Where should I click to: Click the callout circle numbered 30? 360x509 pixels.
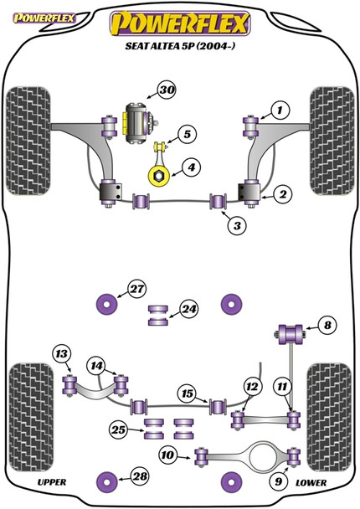pyautogui.click(x=167, y=91)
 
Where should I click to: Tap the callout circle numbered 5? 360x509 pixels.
pyautogui.click(x=188, y=133)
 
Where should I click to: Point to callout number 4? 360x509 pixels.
pyautogui.click(x=192, y=168)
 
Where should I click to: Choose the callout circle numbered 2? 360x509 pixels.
pyautogui.click(x=282, y=195)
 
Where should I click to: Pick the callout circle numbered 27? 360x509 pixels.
pyautogui.click(x=136, y=290)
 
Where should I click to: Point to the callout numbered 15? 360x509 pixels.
pyautogui.click(x=188, y=392)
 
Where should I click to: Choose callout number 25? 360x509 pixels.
pyautogui.click(x=121, y=429)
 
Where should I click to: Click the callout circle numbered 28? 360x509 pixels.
pyautogui.click(x=136, y=477)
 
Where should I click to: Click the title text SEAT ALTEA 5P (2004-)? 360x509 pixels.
pyautogui.click(x=181, y=48)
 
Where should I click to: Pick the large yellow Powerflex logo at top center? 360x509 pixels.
pyautogui.click(x=180, y=23)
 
